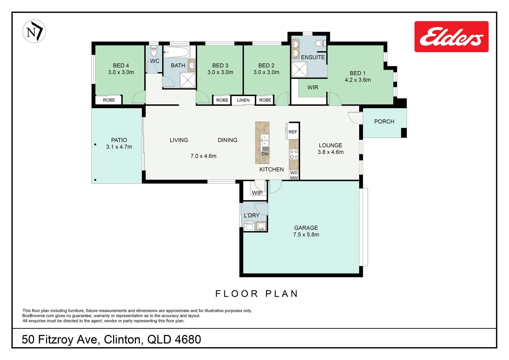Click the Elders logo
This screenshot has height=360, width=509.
coord(451,37)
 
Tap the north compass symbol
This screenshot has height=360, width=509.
coord(34,31)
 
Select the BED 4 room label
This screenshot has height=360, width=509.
coord(121,66)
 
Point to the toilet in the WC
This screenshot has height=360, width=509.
coord(154,52)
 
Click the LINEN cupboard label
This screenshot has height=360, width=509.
coord(243,100)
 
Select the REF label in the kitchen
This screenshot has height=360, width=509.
coord(293,132)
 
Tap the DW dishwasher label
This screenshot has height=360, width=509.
coord(265,154)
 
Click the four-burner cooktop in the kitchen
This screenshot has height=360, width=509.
coord(294,154)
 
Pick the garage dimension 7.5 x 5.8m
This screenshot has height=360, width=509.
coord(306,235)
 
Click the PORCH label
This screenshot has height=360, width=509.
coord(384,122)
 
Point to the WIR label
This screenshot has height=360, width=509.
coord(312,88)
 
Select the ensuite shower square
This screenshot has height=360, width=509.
coord(299,69)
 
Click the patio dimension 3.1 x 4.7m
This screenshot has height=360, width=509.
coord(119,147)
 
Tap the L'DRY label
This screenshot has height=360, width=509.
coord(252,216)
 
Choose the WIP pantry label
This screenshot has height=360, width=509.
coord(257,193)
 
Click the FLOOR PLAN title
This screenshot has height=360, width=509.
coord(256,294)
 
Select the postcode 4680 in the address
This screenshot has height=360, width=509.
coord(188,339)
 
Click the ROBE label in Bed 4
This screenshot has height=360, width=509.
coord(109,100)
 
